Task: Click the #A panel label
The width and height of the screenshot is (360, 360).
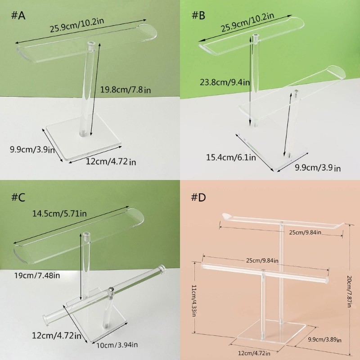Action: coord(18,16)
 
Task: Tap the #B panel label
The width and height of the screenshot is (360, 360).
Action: coord(198,15)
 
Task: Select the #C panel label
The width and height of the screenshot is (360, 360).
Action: coord(18,198)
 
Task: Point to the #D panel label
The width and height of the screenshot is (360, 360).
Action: coord(198,198)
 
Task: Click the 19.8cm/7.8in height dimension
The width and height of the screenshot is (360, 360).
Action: coord(126,90)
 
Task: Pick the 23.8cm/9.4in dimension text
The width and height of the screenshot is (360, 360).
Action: coord(225,82)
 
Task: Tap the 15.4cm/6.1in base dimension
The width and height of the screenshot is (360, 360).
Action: coord(231,157)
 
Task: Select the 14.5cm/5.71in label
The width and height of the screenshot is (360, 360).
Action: coord(59,213)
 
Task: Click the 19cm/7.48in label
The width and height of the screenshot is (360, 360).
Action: coord(37,275)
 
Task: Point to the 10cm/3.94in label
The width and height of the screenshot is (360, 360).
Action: coord(117,345)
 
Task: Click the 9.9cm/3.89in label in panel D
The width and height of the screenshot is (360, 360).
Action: coord(324,339)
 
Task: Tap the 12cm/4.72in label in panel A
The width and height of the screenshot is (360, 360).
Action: coord(111,162)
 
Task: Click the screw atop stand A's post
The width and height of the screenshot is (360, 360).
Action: coord(92,43)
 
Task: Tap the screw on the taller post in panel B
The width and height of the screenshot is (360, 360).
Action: coord(256,36)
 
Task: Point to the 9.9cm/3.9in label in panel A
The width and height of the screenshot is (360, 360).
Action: coord(32,149)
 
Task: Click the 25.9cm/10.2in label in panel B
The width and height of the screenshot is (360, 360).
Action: coord(247,22)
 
